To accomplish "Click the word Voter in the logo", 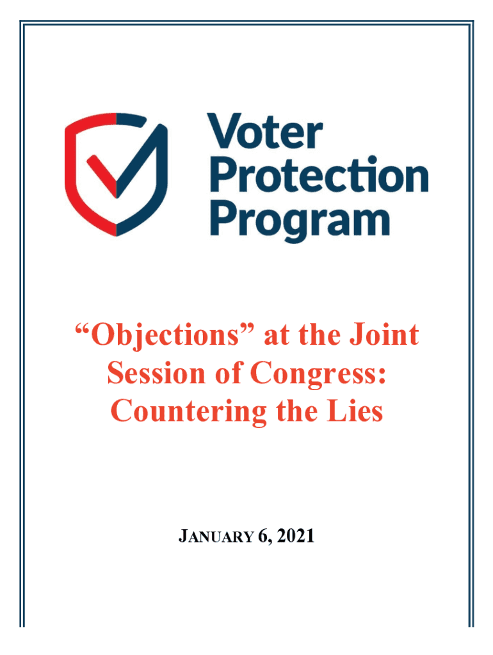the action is tap(264, 131).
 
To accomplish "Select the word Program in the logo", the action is tap(300, 220).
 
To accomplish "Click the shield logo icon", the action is tap(117, 174).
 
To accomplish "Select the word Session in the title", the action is tap(156, 373).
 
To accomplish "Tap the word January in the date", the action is tap(216, 536).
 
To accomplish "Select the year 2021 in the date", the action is tap(296, 536).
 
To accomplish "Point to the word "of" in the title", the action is tap(229, 373).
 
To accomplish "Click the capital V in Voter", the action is tap(225, 131).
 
